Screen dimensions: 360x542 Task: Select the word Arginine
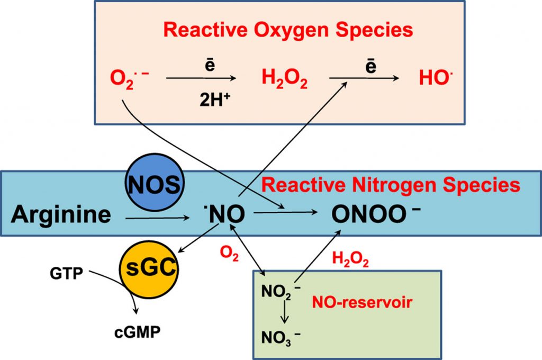click(61, 214)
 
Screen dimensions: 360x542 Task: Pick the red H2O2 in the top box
click(285, 81)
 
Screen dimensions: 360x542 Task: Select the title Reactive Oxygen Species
click(288, 30)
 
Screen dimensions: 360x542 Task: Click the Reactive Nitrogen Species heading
click(391, 185)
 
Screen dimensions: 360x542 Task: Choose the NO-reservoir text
click(362, 303)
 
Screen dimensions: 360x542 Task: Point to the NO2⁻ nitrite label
click(281, 292)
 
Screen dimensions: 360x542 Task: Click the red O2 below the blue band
click(230, 256)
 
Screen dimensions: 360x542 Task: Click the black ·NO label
click(224, 214)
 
